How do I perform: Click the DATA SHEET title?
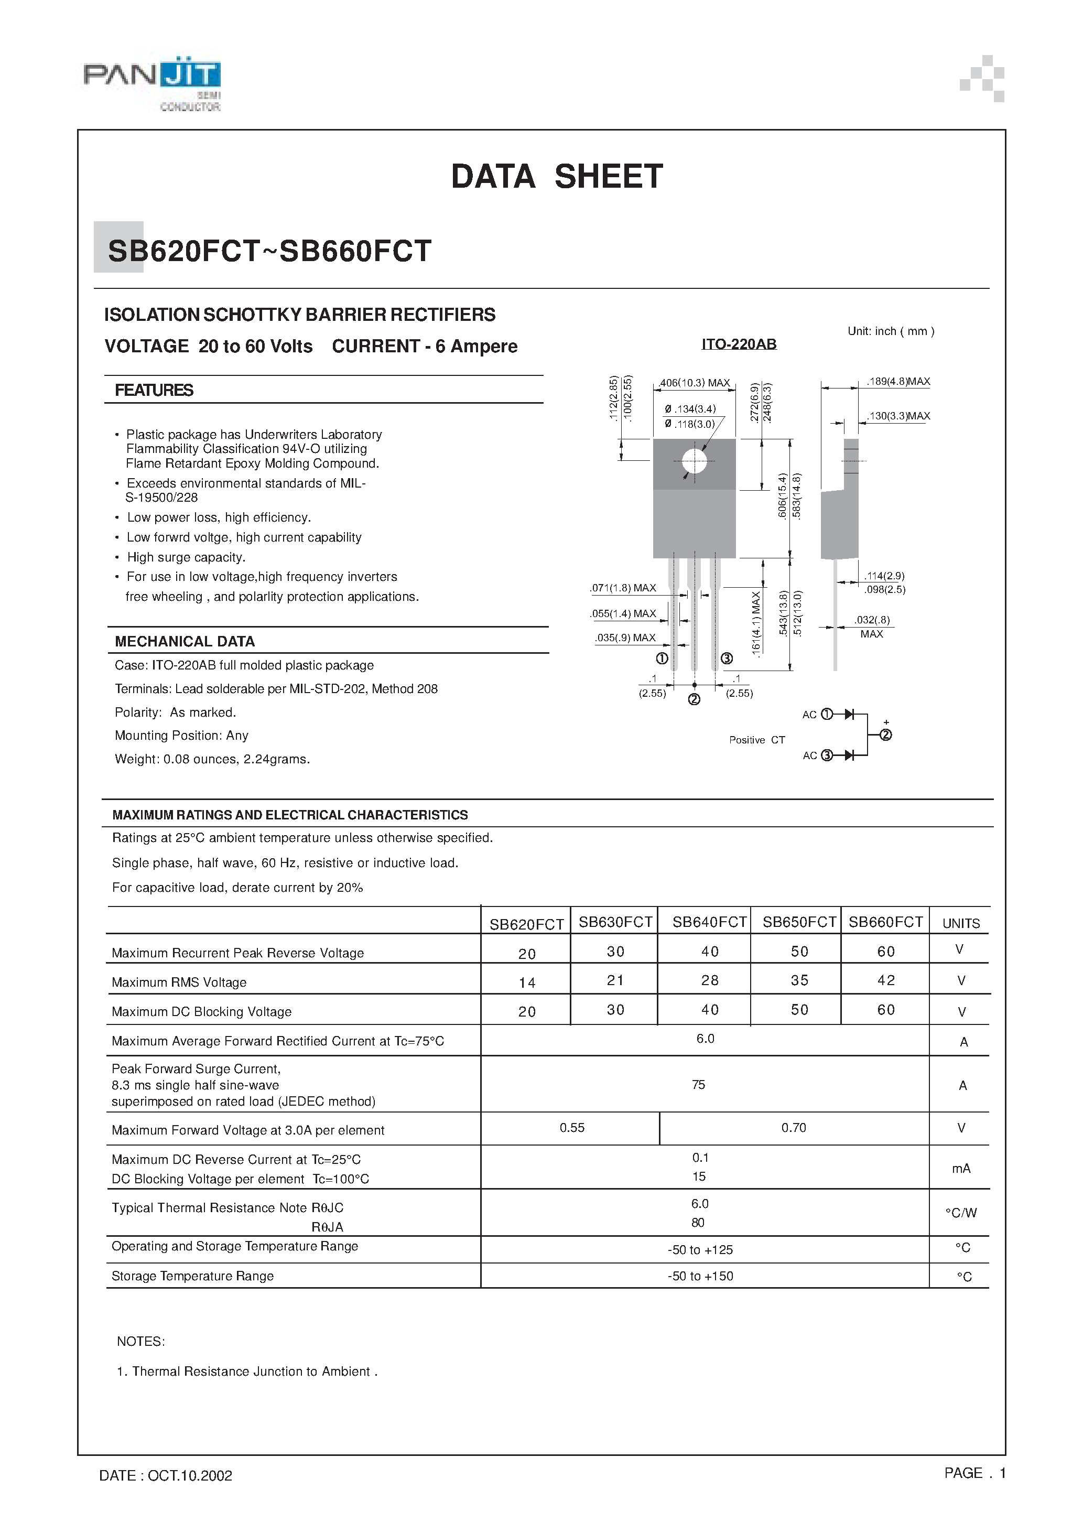coord(557,177)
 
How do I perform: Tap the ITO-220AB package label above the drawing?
coord(739,344)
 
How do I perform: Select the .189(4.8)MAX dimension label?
coord(898,381)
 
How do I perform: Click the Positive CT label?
coord(756,740)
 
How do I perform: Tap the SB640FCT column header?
coord(709,922)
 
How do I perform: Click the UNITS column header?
coord(961,923)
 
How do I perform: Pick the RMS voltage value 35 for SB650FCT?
coord(799,980)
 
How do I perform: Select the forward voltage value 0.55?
coord(572,1128)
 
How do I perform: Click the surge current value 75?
coord(698,1085)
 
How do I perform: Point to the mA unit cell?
coord(961,1169)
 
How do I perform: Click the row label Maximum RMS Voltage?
coord(179,982)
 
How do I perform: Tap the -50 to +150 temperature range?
coord(700,1276)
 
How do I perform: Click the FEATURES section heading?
coord(154,391)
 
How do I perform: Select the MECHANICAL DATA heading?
coord(185,642)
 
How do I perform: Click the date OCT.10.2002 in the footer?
coord(166,1475)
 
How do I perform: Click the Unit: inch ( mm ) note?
coord(891,331)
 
